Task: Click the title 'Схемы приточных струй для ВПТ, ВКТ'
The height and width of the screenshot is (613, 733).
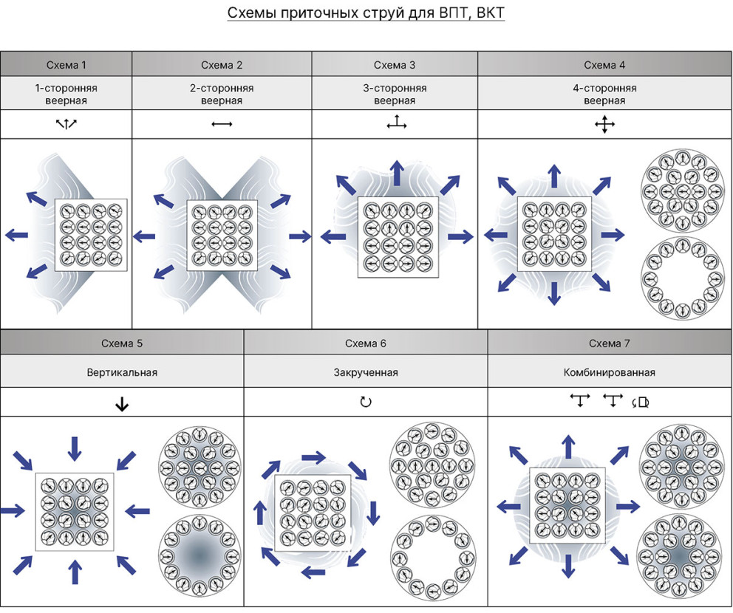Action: coord(366,13)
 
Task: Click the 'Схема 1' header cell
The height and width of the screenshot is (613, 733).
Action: coord(66,65)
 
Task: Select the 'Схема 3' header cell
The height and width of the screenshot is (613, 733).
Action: coord(395,65)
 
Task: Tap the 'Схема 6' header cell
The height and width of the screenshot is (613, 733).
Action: coord(366,343)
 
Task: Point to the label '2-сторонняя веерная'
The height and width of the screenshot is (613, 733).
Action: coord(222,94)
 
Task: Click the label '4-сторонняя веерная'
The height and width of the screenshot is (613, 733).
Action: coord(604,94)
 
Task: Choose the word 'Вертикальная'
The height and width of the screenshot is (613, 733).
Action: coord(122,372)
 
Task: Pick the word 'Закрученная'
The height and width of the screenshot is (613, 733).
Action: coord(366,372)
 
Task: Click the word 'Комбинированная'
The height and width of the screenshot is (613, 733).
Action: coord(609,372)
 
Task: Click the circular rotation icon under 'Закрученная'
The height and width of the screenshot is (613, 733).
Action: coord(366,402)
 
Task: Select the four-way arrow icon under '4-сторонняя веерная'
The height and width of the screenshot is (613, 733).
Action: coord(604,125)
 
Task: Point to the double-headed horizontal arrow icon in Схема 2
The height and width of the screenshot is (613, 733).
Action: coord(222,124)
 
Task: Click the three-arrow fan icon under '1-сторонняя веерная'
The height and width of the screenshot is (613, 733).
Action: coord(66,124)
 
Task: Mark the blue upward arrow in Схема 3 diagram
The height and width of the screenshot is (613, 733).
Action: coord(398,173)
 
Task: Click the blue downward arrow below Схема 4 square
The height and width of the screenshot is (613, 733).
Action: coord(554,293)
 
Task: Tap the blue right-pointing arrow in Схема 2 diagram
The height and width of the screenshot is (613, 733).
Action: coord(300,236)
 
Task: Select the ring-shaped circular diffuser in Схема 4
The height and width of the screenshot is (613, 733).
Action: coord(683,278)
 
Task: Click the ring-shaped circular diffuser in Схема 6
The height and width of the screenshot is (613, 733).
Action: coord(432,558)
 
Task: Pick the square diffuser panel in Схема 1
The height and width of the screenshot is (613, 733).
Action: coord(91,235)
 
